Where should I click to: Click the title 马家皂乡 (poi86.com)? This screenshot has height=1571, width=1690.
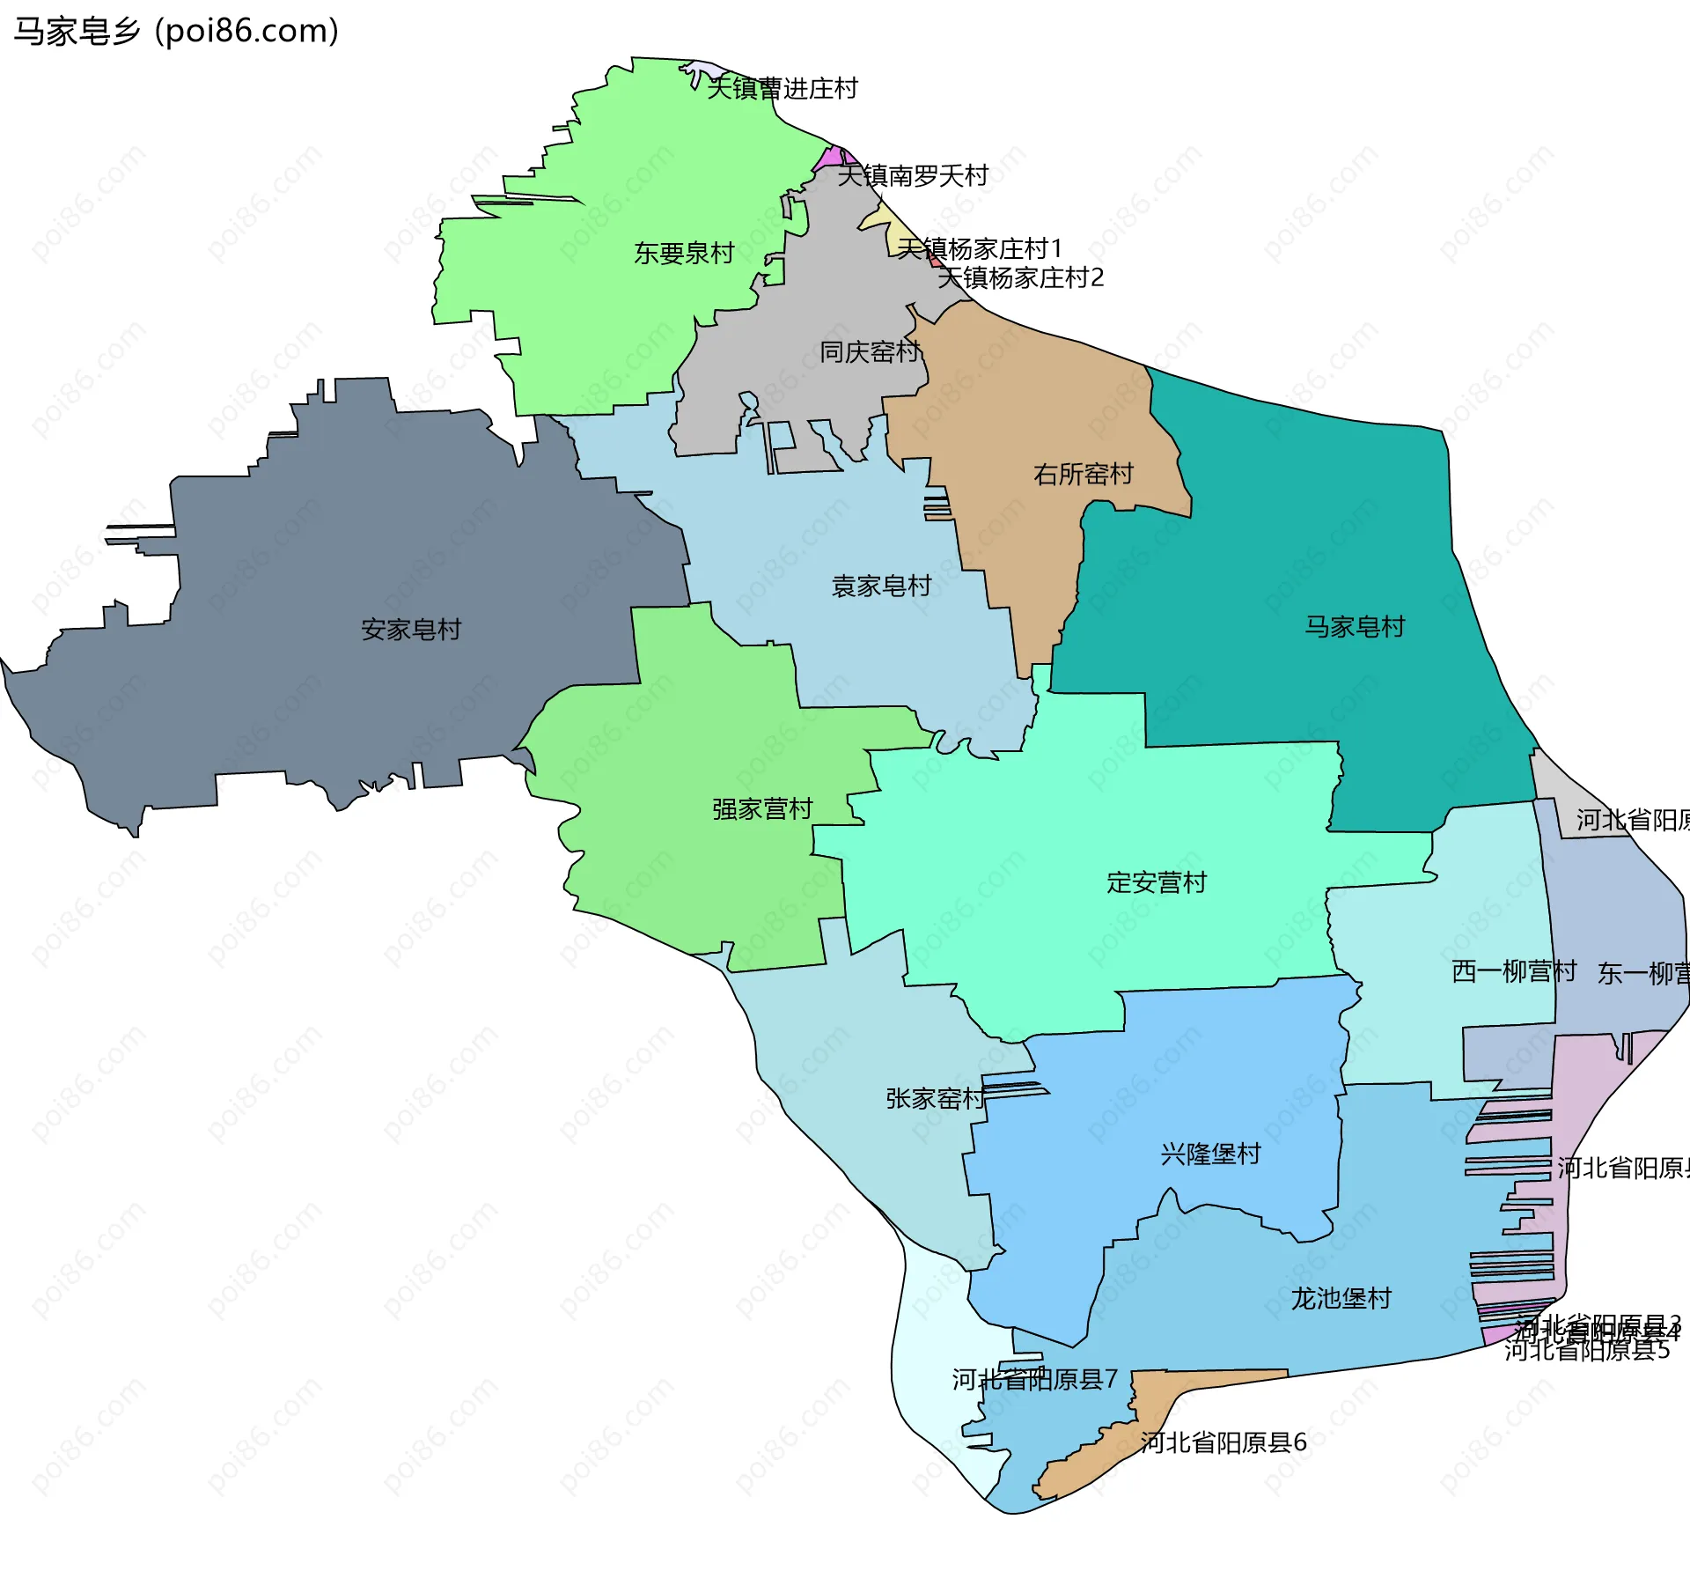(176, 32)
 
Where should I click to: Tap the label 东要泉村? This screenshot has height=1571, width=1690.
(684, 254)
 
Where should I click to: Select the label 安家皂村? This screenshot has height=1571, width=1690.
(411, 630)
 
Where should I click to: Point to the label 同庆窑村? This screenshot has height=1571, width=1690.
(870, 352)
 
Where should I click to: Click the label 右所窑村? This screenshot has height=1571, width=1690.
(1083, 475)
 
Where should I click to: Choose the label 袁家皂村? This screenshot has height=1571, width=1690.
(881, 586)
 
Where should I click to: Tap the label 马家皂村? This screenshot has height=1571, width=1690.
(1355, 627)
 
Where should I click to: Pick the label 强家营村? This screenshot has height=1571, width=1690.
(762, 809)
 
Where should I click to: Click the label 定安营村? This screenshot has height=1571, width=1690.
(1156, 882)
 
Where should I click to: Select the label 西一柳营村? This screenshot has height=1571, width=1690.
(1513, 971)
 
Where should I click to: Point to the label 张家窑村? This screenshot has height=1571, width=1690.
(935, 1099)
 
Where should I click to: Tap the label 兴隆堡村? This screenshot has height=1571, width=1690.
(1210, 1154)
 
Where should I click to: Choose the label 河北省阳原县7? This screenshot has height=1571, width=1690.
(1034, 1380)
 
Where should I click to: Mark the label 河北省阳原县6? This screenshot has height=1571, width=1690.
(1223, 1442)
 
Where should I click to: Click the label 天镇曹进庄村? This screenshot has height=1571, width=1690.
(782, 89)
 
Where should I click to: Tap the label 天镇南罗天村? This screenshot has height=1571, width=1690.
(912, 176)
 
